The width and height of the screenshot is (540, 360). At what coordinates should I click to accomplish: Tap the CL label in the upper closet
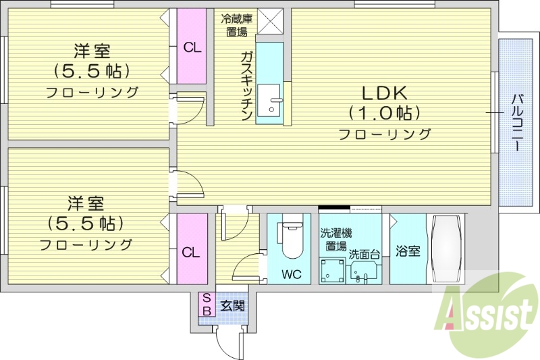click(192, 47)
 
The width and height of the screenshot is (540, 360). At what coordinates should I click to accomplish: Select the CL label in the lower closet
click(191, 253)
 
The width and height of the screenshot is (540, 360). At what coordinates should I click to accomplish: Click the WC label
click(292, 274)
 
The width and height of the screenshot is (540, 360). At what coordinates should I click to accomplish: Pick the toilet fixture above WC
click(291, 239)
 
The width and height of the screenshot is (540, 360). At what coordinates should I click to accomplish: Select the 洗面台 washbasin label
click(364, 255)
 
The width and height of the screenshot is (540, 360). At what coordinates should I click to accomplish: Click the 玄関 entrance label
click(233, 305)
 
